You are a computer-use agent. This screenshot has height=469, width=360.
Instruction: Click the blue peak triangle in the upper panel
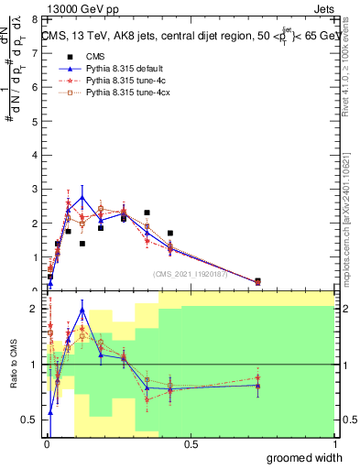tap(82, 197)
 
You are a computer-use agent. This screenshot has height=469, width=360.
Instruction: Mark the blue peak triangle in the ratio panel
tap(82, 310)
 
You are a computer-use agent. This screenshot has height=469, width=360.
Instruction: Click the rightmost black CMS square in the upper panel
tap(257, 281)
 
